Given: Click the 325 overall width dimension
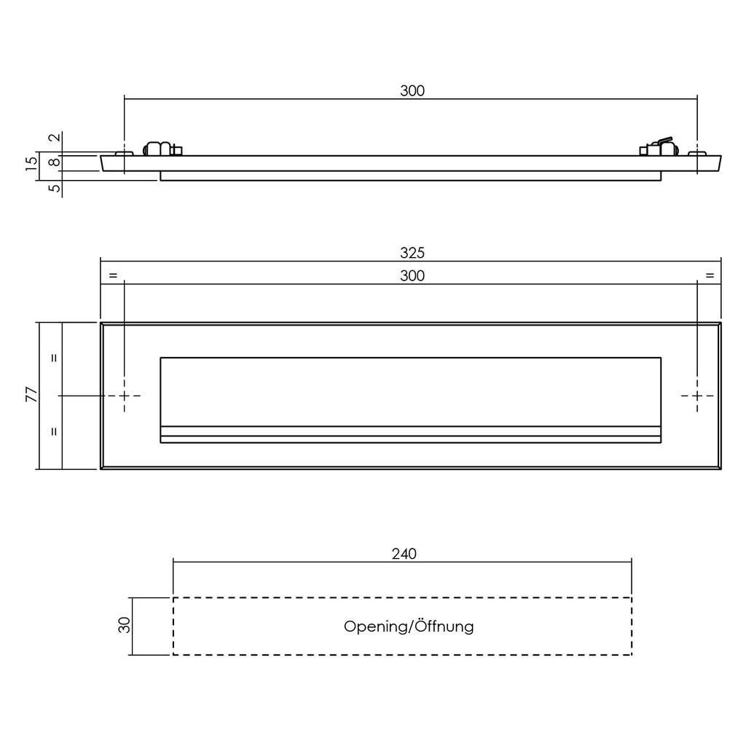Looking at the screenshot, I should click(x=412, y=253).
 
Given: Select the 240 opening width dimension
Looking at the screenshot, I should click(x=404, y=554).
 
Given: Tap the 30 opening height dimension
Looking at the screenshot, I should click(x=124, y=625).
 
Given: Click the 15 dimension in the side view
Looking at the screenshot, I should click(x=31, y=163).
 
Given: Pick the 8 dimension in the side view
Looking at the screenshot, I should click(x=53, y=162).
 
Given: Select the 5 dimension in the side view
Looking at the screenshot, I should click(x=53, y=188).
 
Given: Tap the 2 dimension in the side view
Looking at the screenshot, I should click(x=53, y=138).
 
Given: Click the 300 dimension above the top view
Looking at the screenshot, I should click(x=412, y=91).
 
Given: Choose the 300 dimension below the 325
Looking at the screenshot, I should click(x=412, y=275).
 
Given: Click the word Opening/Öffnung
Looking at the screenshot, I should click(x=409, y=626).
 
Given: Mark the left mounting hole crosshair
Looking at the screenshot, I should click(x=125, y=396).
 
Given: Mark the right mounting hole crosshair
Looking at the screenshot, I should click(x=697, y=396).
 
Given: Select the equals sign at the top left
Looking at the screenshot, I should click(x=112, y=275).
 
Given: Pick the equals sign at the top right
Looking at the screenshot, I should click(x=710, y=275).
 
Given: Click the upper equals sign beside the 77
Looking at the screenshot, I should click(x=53, y=358).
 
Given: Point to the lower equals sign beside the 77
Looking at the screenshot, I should click(x=53, y=431).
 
